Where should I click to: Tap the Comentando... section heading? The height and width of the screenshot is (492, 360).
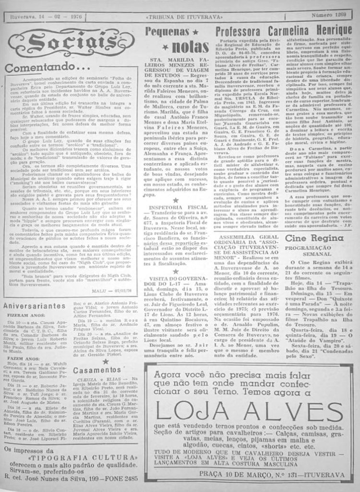pyautogui.click(x=47, y=68)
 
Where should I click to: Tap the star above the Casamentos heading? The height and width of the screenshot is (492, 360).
pyautogui.click(x=105, y=360)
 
